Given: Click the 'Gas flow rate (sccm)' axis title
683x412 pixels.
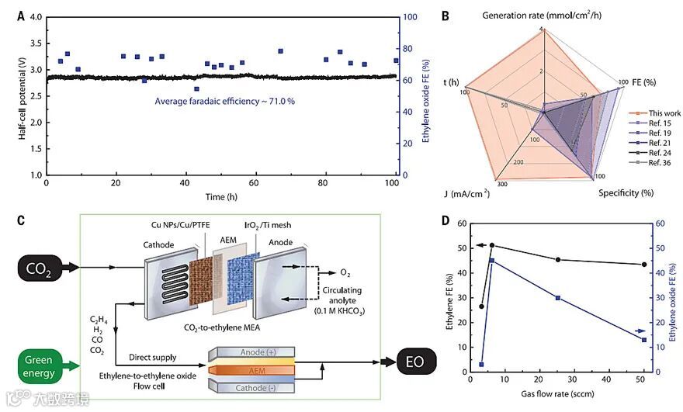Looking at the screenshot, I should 556,393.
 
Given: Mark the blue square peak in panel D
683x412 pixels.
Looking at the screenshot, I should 491,261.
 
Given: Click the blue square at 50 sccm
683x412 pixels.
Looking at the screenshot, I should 643,340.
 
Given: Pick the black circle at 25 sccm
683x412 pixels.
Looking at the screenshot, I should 558,259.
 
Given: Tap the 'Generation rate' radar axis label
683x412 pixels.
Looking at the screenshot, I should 544,15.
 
